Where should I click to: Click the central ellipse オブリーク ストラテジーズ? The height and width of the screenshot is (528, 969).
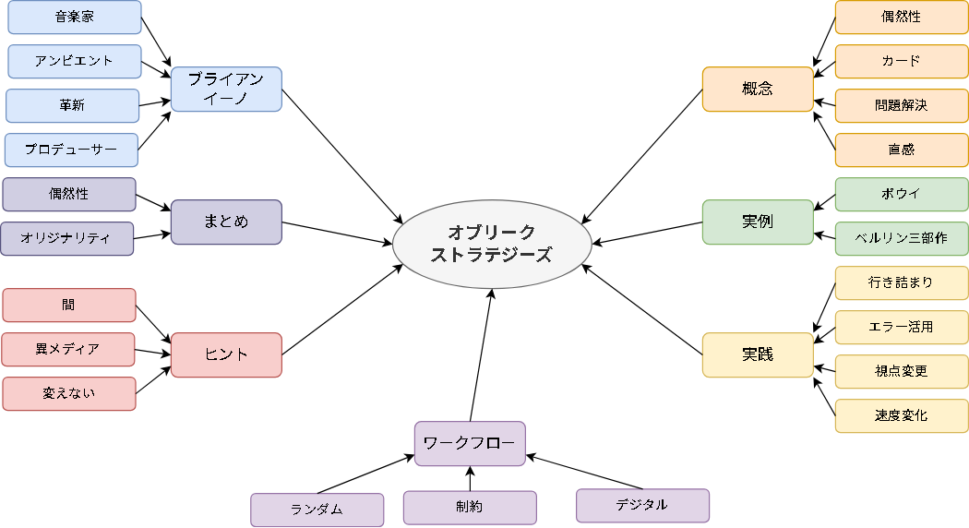pyautogui.click(x=491, y=244)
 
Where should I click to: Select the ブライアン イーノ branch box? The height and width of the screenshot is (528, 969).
pyautogui.click(x=226, y=90)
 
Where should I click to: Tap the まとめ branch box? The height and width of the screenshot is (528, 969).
pyautogui.click(x=226, y=222)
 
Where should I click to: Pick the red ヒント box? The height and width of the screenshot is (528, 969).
pyautogui.click(x=226, y=355)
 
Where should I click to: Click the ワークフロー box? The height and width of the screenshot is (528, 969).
pyautogui.click(x=470, y=444)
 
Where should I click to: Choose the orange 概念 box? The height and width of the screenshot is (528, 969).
pyautogui.click(x=758, y=90)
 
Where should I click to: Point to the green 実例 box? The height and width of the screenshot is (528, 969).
pyautogui.click(x=758, y=222)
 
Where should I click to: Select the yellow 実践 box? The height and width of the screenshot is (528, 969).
pyautogui.click(x=758, y=355)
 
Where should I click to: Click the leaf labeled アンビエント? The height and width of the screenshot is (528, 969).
pyautogui.click(x=75, y=62)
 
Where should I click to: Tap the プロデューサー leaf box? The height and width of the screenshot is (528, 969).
pyautogui.click(x=71, y=150)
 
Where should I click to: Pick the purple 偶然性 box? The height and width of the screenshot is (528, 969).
pyautogui.click(x=69, y=195)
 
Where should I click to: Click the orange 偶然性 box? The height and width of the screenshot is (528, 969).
pyautogui.click(x=902, y=18)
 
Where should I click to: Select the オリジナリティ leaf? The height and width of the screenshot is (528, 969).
pyautogui.click(x=67, y=239)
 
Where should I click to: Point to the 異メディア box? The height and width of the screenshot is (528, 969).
pyautogui.click(x=68, y=350)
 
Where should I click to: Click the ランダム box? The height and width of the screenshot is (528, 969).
pyautogui.click(x=317, y=510)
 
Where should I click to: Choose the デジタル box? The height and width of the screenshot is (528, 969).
pyautogui.click(x=643, y=506)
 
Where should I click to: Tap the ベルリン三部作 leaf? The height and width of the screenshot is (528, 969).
pyautogui.click(x=902, y=239)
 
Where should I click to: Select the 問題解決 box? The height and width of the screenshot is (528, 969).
pyautogui.click(x=902, y=106)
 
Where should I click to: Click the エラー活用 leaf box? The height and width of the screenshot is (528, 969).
pyautogui.click(x=902, y=328)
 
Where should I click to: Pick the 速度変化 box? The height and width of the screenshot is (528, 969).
pyautogui.click(x=902, y=416)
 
